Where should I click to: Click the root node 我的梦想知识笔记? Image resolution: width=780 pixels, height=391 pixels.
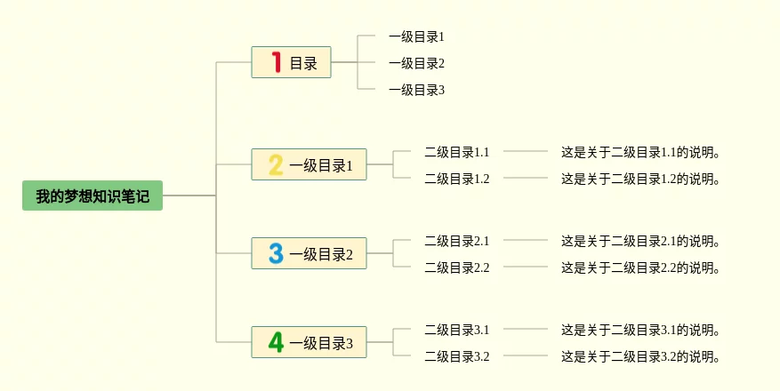[92, 195]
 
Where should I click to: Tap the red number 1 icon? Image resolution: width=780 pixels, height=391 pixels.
[277, 62]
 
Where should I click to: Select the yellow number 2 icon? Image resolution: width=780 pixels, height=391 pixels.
[276, 164]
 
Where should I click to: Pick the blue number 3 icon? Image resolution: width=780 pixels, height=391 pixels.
[276, 254]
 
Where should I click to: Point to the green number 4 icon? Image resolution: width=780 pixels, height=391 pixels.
[276, 343]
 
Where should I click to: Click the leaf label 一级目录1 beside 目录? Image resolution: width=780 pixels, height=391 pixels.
[416, 36]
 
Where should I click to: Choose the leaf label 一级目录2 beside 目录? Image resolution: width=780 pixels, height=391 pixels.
[416, 63]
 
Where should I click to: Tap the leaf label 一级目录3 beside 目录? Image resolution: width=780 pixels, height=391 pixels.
[416, 90]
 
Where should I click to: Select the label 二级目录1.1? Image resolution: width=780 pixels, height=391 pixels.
[457, 152]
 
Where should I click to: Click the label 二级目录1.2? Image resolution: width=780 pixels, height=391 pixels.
[457, 179]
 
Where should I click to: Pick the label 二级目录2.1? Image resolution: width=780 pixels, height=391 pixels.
[457, 241]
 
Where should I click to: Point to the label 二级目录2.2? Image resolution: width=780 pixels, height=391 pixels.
[457, 267]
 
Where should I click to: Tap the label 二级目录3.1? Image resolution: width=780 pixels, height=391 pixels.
[457, 330]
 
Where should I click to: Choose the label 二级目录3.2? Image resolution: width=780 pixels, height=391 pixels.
[457, 356]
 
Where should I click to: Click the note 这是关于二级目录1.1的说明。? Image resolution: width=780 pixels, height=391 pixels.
[640, 152]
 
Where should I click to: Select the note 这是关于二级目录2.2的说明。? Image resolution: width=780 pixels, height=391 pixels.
[640, 267]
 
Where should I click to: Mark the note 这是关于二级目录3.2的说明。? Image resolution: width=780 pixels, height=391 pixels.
[640, 356]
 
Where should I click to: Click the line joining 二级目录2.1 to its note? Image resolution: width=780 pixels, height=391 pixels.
[526, 240]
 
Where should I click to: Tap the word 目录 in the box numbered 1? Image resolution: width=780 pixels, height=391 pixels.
[303, 63]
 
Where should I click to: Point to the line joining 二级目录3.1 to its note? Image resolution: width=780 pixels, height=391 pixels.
[526, 329]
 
